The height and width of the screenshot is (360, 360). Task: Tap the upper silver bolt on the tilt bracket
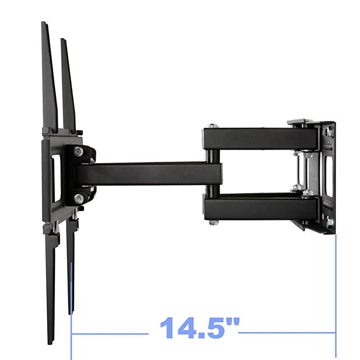coord(79,152)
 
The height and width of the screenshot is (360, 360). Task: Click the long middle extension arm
coord(148,173)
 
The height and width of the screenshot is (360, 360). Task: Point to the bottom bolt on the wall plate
coord(330,222)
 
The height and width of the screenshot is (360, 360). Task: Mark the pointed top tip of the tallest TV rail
coord(43,23)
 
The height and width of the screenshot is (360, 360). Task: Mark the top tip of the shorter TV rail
coord(63,40)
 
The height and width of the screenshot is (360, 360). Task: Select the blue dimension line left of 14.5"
coord(110,333)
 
